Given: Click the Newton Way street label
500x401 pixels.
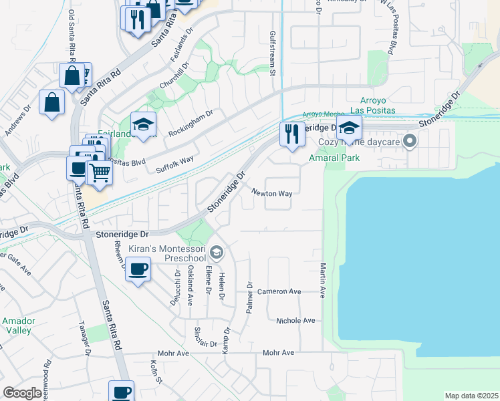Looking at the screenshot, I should pyautogui.click(x=272, y=193).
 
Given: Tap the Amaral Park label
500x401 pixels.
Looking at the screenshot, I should pyautogui.click(x=334, y=158).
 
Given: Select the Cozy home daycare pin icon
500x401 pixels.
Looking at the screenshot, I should pyautogui.click(x=411, y=140).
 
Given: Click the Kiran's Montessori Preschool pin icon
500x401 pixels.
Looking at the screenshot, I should pyautogui.click(x=216, y=253).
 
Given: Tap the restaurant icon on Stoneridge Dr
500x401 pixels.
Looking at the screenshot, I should pyautogui.click(x=292, y=134).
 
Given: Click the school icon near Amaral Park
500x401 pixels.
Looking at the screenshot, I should pyautogui.click(x=349, y=127).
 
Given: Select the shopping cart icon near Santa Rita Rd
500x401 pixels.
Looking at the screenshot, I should pyautogui.click(x=100, y=172).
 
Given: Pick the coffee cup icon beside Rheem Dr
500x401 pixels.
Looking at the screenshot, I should pyautogui.click(x=138, y=270).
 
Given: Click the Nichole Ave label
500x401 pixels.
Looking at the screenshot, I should pyautogui.click(x=295, y=321).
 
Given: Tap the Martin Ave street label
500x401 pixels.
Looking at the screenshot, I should pyautogui.click(x=322, y=281).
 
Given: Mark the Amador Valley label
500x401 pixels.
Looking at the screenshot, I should pyautogui.click(x=17, y=326).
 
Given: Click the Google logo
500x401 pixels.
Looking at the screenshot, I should pyautogui.click(x=23, y=393).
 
